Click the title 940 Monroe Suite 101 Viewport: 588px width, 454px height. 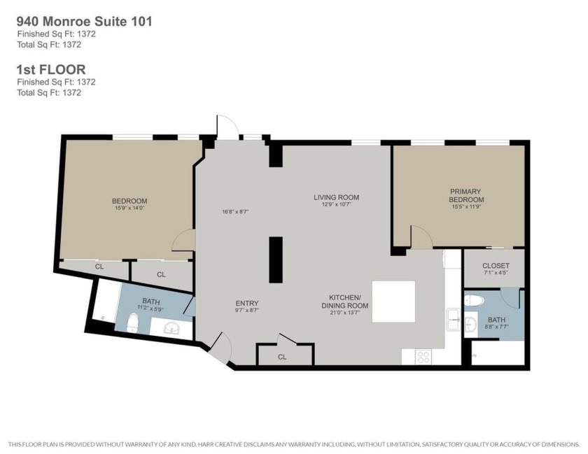[x=85, y=22]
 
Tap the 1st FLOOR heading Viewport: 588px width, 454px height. [x=51, y=69]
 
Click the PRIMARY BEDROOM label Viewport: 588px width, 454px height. [x=466, y=195]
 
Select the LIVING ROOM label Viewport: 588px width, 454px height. [x=337, y=197]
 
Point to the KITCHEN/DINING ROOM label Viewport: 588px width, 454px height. [x=344, y=302]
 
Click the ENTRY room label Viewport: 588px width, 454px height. [x=246, y=304]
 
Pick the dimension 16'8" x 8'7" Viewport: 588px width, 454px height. [x=235, y=211]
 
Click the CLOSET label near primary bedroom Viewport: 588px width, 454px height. [x=496, y=266]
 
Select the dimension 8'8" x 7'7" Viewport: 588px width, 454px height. [x=496, y=327]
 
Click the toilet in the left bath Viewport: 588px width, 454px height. [x=133, y=323]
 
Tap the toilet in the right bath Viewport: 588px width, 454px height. [x=474, y=301]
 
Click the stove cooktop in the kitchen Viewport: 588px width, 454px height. [x=423, y=357]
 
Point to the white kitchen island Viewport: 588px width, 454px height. [x=393, y=302]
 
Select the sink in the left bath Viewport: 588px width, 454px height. [x=173, y=328]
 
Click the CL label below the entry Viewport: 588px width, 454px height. [x=282, y=357]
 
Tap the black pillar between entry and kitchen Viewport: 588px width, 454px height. [x=276, y=260]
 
